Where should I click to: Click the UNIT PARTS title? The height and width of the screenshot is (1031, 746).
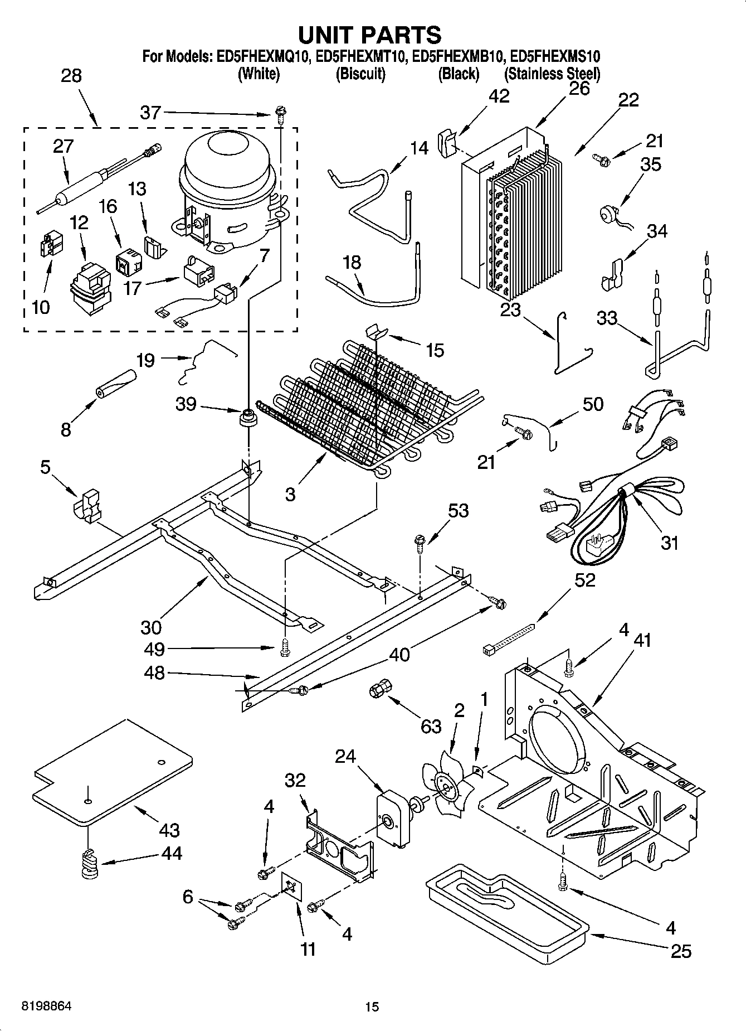pyautogui.click(x=370, y=35)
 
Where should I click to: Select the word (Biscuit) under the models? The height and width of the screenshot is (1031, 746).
pyautogui.click(x=360, y=74)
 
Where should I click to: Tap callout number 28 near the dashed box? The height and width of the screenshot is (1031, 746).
pyautogui.click(x=71, y=76)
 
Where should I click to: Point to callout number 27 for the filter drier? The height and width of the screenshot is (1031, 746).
pyautogui.click(x=63, y=146)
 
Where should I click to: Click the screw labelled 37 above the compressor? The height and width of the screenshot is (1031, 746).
pyautogui.click(x=279, y=117)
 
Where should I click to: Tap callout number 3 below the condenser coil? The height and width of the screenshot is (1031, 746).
pyautogui.click(x=290, y=493)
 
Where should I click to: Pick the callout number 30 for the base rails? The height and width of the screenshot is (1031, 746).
pyautogui.click(x=151, y=627)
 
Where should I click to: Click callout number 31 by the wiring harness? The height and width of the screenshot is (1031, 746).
pyautogui.click(x=669, y=541)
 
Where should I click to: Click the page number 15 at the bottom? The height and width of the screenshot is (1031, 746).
pyautogui.click(x=372, y=1006)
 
